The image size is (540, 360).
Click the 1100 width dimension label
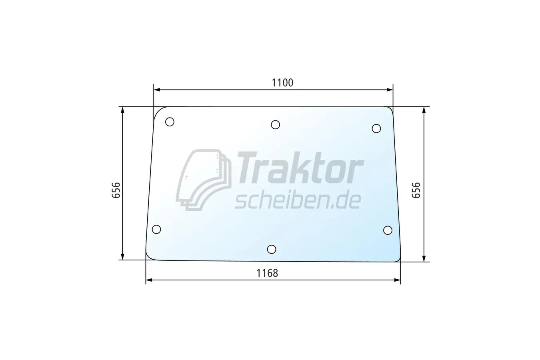coord(282,83)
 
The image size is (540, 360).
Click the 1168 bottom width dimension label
coord(267,273)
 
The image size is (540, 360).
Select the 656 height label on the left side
coord(116,190)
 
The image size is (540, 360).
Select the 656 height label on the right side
coord(416,190)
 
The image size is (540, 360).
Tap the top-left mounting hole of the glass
coord(170,122)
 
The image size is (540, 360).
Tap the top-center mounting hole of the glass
coord(275,125)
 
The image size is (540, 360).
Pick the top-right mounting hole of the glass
coord(376,128)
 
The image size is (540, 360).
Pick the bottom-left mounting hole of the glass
coord(156,229)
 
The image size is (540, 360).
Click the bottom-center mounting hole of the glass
coord(272,249)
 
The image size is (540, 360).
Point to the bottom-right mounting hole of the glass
coord(388,230)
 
